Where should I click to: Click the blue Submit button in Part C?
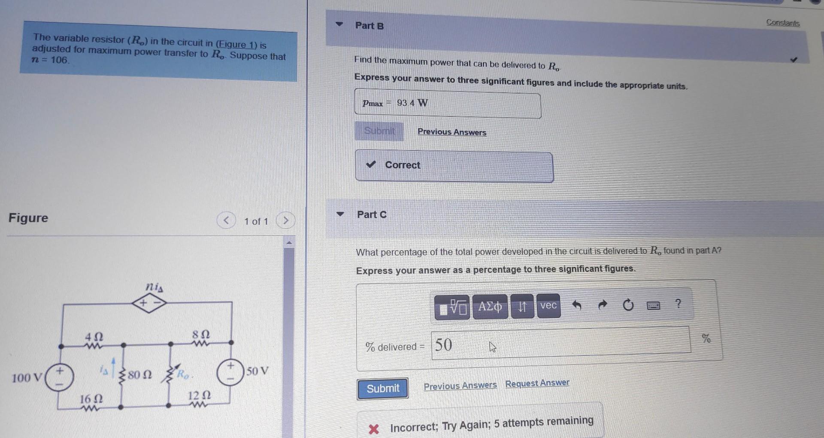click(x=382, y=389)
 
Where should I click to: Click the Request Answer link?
click(x=537, y=383)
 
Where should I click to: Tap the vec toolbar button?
click(x=548, y=306)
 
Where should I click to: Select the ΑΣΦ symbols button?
click(x=490, y=306)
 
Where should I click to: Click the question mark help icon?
click(x=678, y=304)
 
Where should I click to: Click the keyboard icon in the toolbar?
click(x=653, y=305)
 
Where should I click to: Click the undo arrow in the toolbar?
click(x=577, y=305)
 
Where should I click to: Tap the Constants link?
click(x=783, y=23)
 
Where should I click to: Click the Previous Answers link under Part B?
click(x=451, y=132)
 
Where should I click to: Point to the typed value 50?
click(x=444, y=344)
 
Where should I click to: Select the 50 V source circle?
click(x=230, y=372)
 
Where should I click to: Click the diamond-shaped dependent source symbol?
click(x=149, y=303)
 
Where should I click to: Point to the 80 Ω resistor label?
click(x=139, y=375)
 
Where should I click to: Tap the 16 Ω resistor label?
click(x=91, y=398)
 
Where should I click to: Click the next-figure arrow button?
click(x=285, y=221)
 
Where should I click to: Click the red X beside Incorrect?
click(x=374, y=429)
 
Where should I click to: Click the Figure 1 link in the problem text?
click(x=236, y=44)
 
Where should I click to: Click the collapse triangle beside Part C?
click(x=340, y=214)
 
